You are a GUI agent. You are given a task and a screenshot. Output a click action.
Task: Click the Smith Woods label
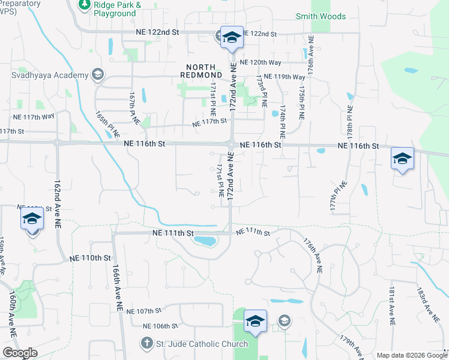click(321, 17)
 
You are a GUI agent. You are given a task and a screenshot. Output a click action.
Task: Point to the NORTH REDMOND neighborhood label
click(202, 70)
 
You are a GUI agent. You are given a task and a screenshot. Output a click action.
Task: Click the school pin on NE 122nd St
click(231, 38)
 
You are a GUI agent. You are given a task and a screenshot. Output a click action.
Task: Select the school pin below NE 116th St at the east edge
click(402, 159)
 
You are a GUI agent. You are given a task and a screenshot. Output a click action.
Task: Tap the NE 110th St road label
click(90, 257)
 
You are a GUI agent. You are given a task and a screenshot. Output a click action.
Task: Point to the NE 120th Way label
click(260, 62)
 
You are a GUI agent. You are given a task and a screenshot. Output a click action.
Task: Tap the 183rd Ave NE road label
click(424, 303)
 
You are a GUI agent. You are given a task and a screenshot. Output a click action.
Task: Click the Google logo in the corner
click(20, 353)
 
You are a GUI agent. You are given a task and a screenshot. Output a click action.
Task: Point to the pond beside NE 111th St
click(203, 241)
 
